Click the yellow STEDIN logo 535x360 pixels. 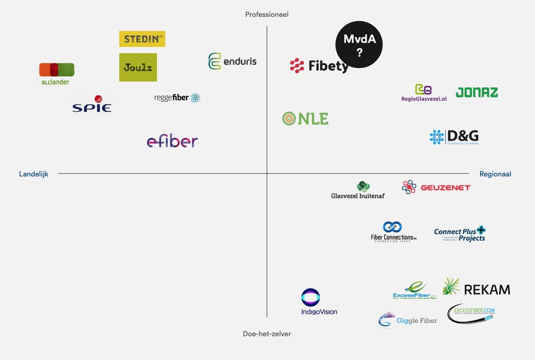tap(142, 39)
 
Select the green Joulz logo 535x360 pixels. tap(138, 67)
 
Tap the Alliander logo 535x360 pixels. tap(57, 74)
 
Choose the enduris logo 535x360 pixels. tap(232, 62)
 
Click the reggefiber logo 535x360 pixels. tap(177, 98)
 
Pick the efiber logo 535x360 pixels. tap(172, 141)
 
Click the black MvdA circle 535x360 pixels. tap(359, 45)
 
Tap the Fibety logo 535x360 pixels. tap(319, 66)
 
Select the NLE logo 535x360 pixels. tap(305, 119)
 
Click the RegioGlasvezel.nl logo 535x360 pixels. tap(424, 93)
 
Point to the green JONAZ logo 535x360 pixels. tap(477, 93)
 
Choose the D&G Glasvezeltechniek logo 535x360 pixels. tap(454, 137)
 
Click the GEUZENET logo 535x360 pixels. tap(436, 187)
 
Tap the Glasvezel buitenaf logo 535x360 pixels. tap(358, 190)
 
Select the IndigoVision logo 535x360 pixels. tap(319, 302)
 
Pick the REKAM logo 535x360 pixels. tap(476, 288)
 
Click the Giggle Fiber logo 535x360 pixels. tap(408, 320)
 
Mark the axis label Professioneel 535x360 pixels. tap(266, 14)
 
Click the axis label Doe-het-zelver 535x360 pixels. tap(266, 334)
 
